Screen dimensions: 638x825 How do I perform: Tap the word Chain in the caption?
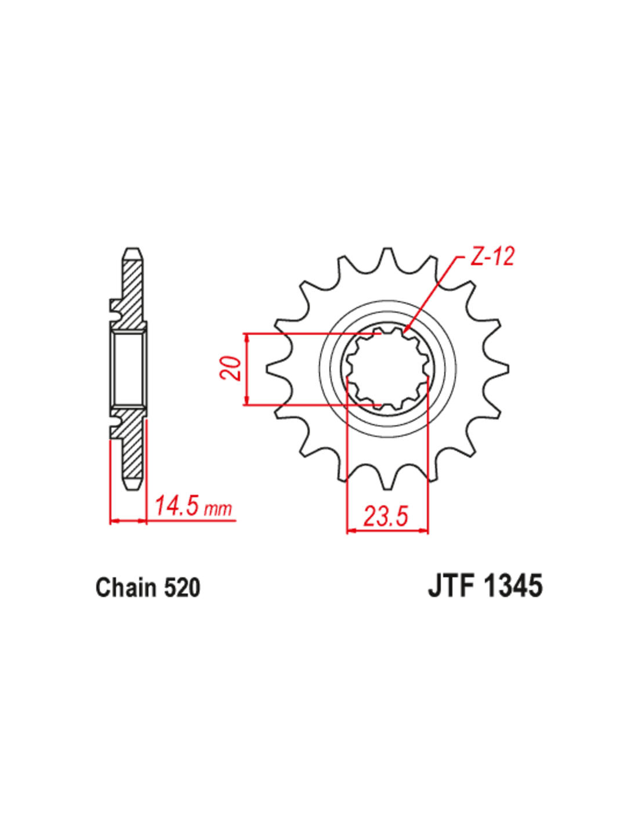click(x=126, y=588)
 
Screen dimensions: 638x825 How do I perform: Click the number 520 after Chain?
click(x=182, y=588)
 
